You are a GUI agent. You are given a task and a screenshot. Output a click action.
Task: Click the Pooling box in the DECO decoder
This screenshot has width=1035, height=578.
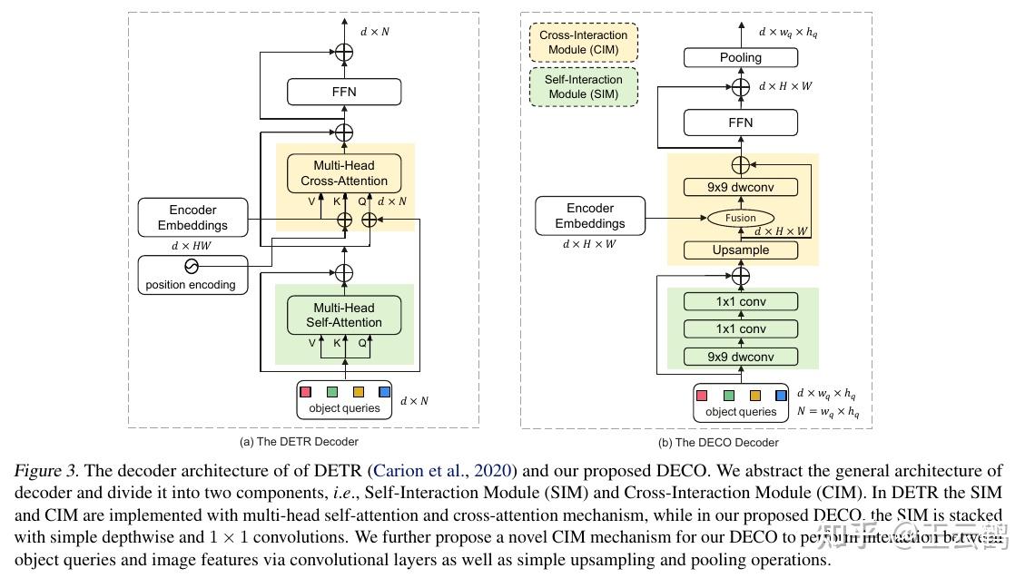tap(741, 57)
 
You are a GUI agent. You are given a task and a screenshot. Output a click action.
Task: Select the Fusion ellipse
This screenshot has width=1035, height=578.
tap(741, 218)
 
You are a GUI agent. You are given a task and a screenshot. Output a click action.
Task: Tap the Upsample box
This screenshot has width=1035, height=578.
tap(741, 250)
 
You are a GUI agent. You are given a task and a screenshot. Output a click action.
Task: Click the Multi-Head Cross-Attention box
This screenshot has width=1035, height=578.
tap(344, 173)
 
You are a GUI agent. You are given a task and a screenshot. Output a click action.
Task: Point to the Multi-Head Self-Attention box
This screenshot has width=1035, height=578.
tap(344, 315)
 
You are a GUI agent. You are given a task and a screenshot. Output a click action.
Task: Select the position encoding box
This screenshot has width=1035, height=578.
tap(192, 274)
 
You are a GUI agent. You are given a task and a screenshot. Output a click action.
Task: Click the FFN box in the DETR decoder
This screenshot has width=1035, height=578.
tap(344, 92)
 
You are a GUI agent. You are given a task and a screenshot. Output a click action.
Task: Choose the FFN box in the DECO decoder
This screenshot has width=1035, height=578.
tap(741, 122)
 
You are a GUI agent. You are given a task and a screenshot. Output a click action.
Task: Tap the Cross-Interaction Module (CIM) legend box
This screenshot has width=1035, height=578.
tap(584, 42)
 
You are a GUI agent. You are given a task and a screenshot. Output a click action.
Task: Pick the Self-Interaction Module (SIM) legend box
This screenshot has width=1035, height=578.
tap(584, 87)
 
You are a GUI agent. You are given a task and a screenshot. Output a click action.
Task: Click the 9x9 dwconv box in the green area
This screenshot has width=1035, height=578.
tap(741, 357)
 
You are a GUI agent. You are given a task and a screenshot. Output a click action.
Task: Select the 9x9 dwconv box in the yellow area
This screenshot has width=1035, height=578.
tap(741, 187)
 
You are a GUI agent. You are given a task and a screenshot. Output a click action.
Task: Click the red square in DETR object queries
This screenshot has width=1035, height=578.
tap(306, 392)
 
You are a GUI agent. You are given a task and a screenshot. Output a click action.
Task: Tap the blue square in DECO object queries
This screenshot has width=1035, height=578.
tap(781, 396)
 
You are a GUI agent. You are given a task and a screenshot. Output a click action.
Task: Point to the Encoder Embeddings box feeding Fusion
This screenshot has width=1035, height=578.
tap(590, 216)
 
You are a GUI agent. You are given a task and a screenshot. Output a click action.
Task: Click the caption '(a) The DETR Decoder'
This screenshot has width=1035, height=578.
tap(298, 442)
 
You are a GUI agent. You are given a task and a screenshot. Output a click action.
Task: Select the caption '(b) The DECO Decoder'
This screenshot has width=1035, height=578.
tap(717, 442)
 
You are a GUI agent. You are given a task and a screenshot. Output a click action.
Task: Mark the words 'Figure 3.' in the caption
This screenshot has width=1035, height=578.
tap(46, 471)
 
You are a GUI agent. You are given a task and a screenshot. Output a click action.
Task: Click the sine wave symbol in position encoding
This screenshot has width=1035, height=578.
tap(192, 267)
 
